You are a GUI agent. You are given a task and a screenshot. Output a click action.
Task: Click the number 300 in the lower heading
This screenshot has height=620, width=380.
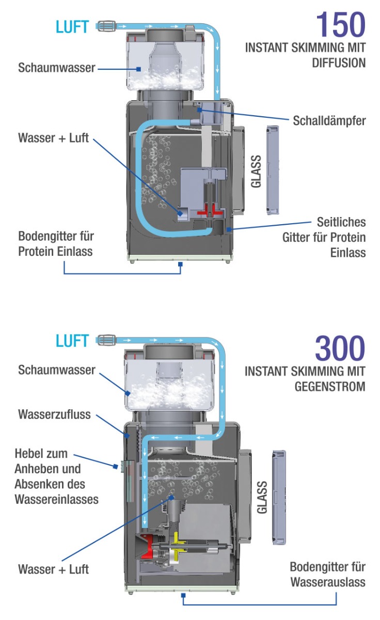340,349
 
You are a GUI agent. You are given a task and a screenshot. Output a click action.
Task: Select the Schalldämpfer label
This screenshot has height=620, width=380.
329,121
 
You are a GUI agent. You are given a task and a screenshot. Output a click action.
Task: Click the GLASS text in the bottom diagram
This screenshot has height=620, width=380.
262,497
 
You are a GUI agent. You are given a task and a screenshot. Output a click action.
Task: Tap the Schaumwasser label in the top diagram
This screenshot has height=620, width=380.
57,68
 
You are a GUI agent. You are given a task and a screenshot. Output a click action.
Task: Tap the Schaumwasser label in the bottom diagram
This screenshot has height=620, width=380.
57,370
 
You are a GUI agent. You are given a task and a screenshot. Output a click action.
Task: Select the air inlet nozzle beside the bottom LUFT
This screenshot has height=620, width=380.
106,340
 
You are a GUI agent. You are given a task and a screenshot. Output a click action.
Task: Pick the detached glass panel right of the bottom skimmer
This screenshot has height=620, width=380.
279,497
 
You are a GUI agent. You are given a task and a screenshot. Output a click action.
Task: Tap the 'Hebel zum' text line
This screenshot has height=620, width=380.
42,454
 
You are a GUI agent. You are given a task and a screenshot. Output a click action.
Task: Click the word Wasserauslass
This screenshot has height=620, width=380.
328,582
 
